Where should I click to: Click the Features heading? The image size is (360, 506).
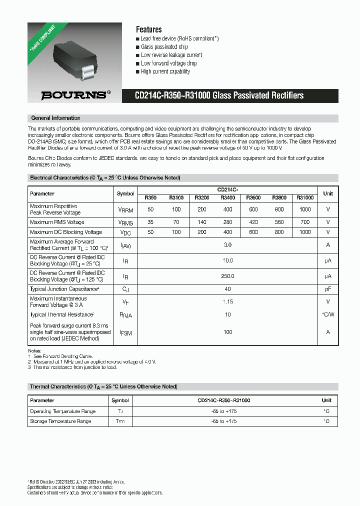[148, 29]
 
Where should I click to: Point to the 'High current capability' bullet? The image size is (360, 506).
[165, 71]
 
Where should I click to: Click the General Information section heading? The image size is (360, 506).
[55, 118]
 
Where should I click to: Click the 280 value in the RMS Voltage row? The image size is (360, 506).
[227, 222]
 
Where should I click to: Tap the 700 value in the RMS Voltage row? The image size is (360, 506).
[305, 222]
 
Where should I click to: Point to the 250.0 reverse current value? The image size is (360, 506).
[227, 276]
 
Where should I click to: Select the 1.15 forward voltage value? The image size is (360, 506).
[227, 301]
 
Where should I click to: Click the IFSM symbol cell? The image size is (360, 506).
[125, 332]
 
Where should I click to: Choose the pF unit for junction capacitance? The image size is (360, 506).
[328, 289]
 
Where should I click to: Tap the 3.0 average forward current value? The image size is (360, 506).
[227, 245]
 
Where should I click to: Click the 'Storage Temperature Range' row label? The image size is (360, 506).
[60, 421]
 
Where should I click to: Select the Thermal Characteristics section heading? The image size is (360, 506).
[103, 387]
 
